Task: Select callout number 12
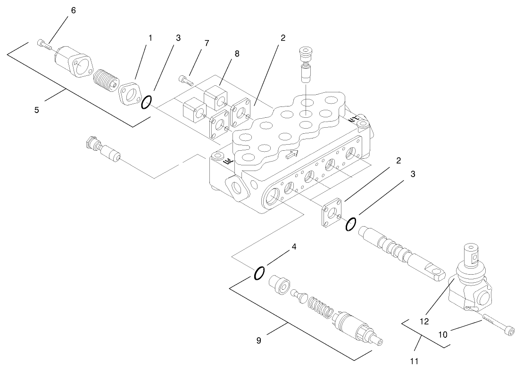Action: pyautogui.click(x=424, y=321)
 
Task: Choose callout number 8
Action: pyautogui.click(x=237, y=54)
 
